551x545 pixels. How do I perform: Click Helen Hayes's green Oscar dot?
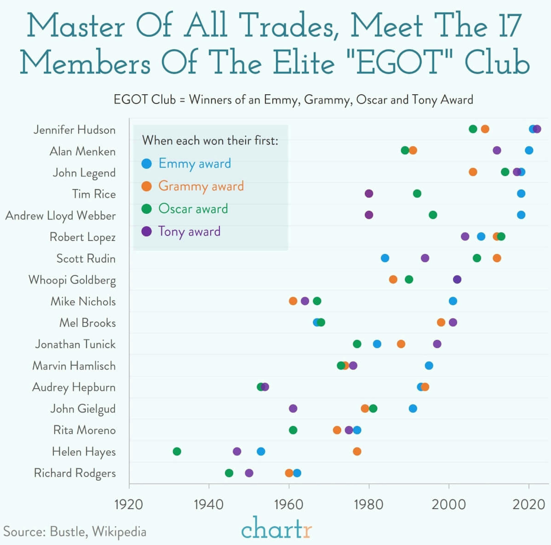pyautogui.click(x=177, y=451)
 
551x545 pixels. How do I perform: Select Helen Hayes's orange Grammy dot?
pyautogui.click(x=357, y=451)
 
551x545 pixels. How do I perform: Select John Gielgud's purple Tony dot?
pyautogui.click(x=293, y=408)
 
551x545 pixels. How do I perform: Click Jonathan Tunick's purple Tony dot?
pyautogui.click(x=437, y=344)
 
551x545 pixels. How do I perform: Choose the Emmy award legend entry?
pyautogui.click(x=195, y=163)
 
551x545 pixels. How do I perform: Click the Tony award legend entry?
pyautogui.click(x=189, y=231)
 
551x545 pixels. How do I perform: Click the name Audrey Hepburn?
pyautogui.click(x=74, y=387)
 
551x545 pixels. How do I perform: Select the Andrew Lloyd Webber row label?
pyautogui.click(x=60, y=216)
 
